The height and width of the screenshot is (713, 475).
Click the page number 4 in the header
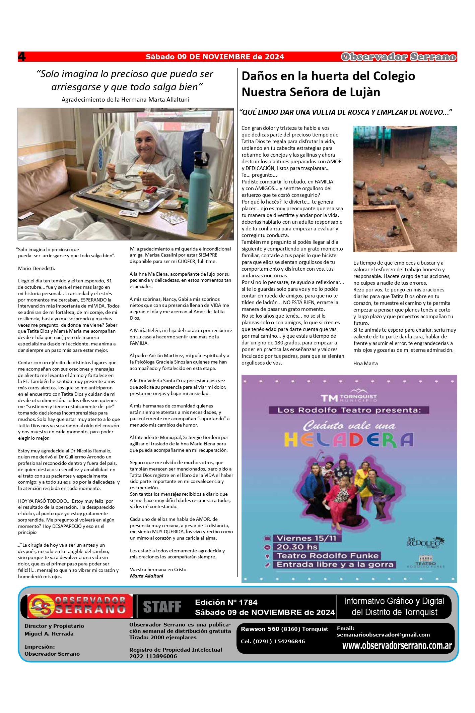coord(22,56)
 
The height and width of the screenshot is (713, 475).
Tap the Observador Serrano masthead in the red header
coord(399,57)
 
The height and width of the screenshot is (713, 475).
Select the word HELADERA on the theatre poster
coord(349,440)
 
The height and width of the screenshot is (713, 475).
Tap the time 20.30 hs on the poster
coord(297,547)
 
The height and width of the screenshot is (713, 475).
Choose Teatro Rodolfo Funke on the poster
coord(328,556)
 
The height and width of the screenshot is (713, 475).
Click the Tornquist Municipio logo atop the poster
coord(349,397)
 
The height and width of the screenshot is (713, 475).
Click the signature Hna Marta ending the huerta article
coord(365,363)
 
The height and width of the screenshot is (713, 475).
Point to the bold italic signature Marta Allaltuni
coord(146,576)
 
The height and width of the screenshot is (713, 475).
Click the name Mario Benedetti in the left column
coord(37,268)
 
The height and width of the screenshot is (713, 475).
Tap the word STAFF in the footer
coord(162,607)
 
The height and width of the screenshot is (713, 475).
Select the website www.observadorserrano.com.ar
coord(397,646)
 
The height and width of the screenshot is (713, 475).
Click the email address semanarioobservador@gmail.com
coord(383,635)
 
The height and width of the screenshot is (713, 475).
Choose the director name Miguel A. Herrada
coord(49,634)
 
